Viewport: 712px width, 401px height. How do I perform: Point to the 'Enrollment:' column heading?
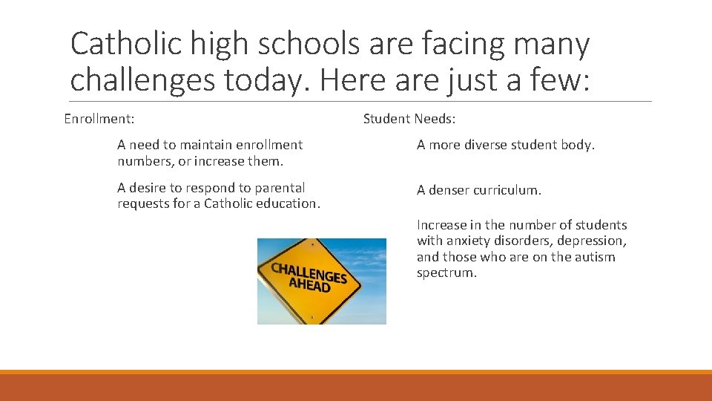(99, 119)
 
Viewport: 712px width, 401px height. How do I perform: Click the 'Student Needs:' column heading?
(409, 119)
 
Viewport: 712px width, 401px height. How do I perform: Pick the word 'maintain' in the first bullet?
(200, 145)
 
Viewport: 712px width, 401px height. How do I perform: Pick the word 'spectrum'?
(446, 273)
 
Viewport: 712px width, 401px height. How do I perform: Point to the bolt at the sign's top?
(312, 244)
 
